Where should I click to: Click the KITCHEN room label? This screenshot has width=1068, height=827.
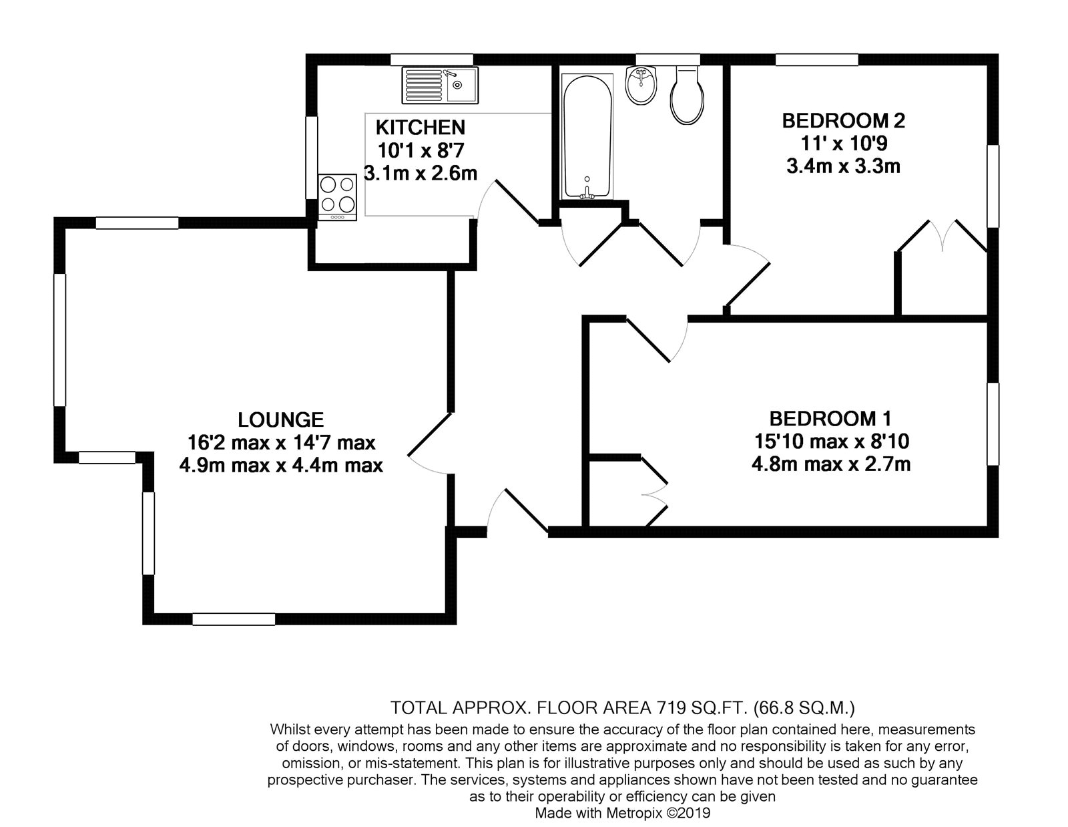coord(421,128)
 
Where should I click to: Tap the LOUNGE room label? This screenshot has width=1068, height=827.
coord(280,420)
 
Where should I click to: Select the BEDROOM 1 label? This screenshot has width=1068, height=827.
coord(830,418)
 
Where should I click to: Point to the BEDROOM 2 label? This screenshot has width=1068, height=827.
coord(844,120)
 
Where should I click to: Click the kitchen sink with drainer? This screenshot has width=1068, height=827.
coord(440,86)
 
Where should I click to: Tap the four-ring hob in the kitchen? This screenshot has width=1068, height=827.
coord(337,197)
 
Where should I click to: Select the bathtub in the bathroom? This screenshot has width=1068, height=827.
coord(587,137)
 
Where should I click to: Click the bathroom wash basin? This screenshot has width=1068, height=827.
coord(641,86)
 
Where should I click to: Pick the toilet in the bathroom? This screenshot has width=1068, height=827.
coord(687,96)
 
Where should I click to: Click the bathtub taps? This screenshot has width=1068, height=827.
coord(587,191)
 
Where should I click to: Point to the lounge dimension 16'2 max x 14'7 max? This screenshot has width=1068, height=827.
coord(281,442)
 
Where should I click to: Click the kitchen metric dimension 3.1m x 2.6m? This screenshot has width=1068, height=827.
coord(421,173)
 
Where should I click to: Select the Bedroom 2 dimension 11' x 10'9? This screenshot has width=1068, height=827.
coord(844,144)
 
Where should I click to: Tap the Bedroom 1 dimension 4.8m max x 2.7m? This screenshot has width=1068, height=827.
coord(830,464)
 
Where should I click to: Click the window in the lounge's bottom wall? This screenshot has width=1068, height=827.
coord(234,619)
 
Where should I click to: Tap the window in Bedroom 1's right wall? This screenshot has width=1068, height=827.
coord(993,424)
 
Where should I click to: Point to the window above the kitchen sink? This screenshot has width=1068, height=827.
coord(431,59)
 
